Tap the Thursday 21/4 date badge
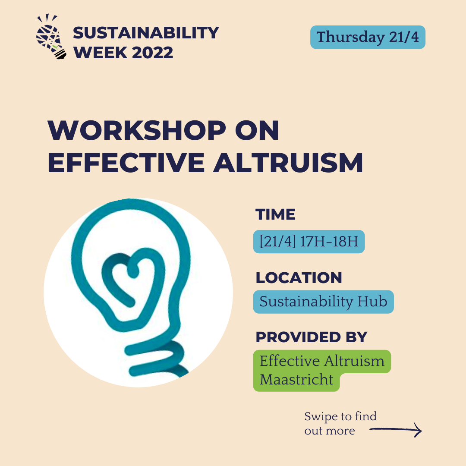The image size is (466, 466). tap(368, 37)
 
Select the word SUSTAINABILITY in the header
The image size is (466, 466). tap(146, 33)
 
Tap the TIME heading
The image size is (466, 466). tap(275, 214)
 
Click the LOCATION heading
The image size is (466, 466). tap(299, 278)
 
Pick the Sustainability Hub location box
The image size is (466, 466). tap(323, 302)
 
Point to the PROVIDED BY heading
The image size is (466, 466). tap(311, 337)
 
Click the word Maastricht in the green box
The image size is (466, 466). tap(297, 380)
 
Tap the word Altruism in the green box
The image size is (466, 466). tap(354, 361)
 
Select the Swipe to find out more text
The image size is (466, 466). tap(340, 423)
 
